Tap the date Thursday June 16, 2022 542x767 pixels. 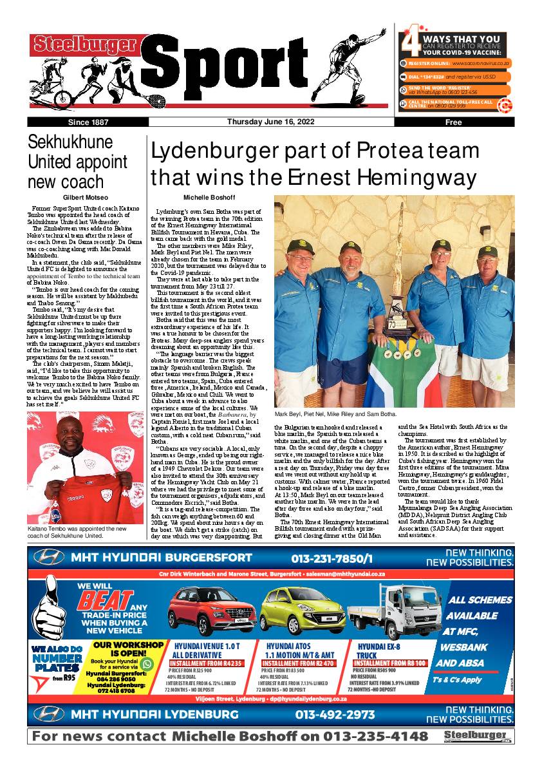tap(265, 122)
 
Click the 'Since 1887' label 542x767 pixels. tap(88, 122)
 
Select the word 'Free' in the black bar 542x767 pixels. tap(453, 122)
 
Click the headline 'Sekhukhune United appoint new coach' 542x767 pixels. tap(78, 162)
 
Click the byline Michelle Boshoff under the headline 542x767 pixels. tap(209, 197)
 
